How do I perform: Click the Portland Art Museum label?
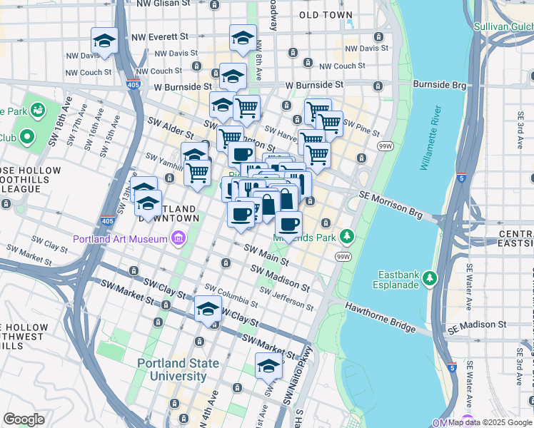pos(119,238)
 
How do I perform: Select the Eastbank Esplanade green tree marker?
pos(429,276)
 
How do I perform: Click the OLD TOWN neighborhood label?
pos(326,15)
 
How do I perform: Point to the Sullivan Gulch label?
pos(503,27)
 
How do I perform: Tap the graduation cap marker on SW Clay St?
pos(208,310)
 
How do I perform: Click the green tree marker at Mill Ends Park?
pos(347,235)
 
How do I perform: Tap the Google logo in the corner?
pos(24,419)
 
